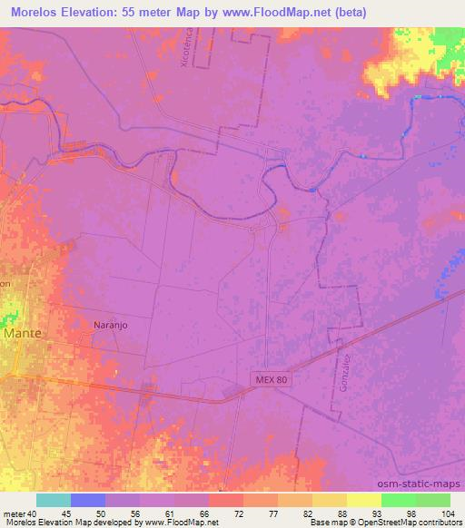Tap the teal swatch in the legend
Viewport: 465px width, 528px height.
[54, 500]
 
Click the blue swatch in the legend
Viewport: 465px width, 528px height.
[88, 500]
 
